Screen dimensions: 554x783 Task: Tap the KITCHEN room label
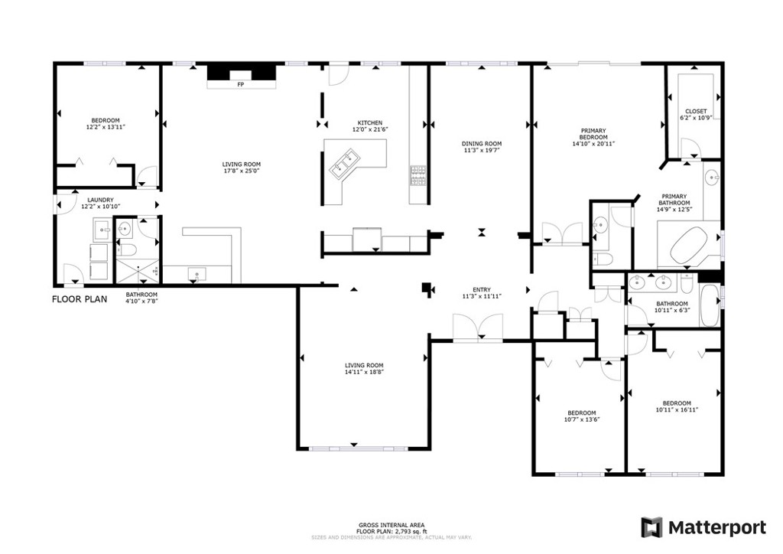click(370, 123)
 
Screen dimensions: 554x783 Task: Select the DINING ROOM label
click(482, 144)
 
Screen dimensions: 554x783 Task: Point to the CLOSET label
click(696, 112)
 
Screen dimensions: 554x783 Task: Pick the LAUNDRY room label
click(100, 200)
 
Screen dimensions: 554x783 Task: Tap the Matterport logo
click(703, 527)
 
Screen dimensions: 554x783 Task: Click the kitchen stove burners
click(417, 175)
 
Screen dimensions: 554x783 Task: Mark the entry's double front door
click(479, 328)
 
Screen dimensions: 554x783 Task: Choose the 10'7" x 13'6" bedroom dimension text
click(580, 419)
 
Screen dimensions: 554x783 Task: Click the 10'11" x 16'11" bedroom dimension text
click(677, 410)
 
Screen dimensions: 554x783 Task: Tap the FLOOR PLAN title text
click(80, 299)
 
